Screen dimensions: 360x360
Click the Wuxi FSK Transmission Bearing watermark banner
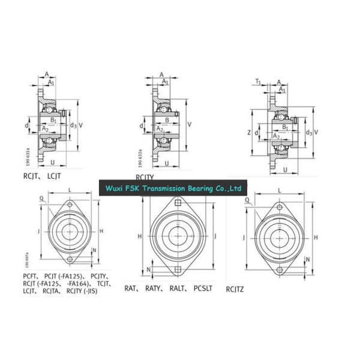(x=172, y=188)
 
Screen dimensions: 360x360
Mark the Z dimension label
(x=250, y=132)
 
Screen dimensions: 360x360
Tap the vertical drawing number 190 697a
(x=28, y=259)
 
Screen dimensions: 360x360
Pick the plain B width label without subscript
(x=166, y=120)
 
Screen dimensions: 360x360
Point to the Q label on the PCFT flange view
(x=41, y=197)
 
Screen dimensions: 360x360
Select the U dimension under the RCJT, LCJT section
(x=54, y=162)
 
